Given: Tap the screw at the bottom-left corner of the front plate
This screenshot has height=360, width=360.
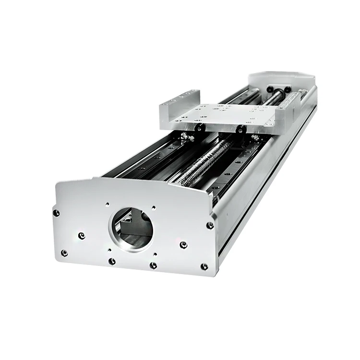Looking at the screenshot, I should coord(64,253).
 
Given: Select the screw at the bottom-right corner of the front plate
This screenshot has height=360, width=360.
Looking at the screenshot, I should coord(204,266).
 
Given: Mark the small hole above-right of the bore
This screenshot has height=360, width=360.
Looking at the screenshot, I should coord(154,208).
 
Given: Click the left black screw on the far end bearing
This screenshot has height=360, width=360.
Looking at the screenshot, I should coord(270,89).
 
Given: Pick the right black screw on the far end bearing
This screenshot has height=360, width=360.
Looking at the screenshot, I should coord(287,89).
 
